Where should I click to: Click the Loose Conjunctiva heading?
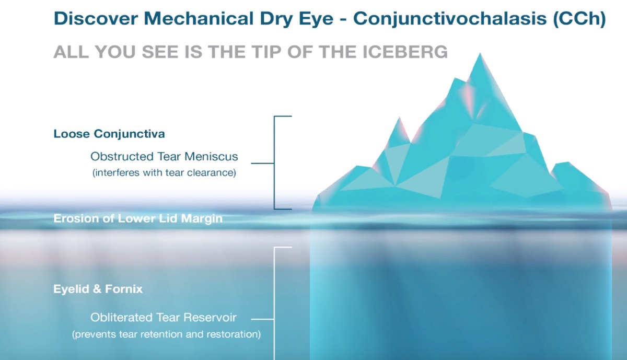click(x=109, y=134)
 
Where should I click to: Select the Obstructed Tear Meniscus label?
click(x=164, y=156)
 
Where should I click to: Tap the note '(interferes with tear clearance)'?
click(x=164, y=173)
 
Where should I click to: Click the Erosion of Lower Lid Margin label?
click(x=138, y=218)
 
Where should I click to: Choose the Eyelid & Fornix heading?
click(x=98, y=289)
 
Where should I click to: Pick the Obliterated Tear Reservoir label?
click(x=164, y=317)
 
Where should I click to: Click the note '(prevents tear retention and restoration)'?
click(x=166, y=334)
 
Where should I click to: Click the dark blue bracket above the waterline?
click(x=275, y=162)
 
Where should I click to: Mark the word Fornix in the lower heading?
click(x=125, y=289)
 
